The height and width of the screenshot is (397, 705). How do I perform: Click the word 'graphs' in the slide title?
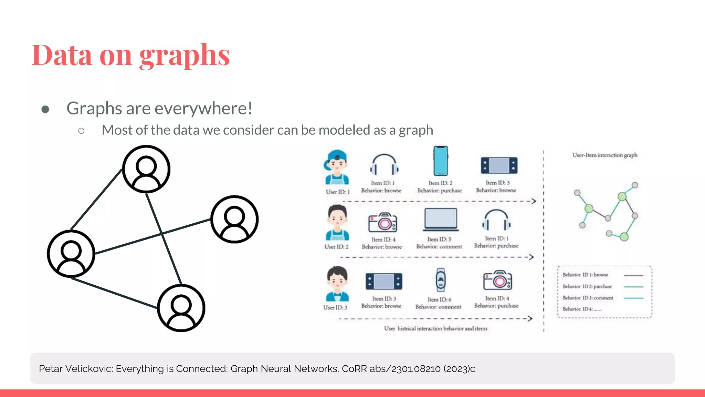[185, 56]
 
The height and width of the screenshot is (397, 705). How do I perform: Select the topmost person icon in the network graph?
[146, 169]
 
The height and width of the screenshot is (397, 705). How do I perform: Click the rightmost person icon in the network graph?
[234, 220]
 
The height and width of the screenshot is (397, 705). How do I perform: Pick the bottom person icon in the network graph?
[181, 308]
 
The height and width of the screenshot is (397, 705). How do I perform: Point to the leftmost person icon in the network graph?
[71, 254]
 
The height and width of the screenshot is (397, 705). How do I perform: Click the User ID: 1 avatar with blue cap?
[337, 167]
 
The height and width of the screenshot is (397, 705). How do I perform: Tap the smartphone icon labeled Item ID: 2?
[441, 161]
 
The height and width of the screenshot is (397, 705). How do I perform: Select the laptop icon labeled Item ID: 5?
[441, 220]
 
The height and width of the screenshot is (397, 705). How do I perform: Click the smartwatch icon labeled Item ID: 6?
[441, 280]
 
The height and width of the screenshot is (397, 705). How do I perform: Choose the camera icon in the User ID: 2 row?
[382, 223]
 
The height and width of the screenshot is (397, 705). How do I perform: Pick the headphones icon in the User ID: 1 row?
[384, 165]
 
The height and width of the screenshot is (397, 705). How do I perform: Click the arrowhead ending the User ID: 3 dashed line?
[530, 318]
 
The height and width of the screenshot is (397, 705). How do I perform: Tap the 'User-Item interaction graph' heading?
[604, 155]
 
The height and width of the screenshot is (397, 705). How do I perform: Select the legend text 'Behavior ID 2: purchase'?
[587, 286]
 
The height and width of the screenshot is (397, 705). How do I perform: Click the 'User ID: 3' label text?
[335, 307]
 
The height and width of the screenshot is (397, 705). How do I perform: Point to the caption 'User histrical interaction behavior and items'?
[435, 328]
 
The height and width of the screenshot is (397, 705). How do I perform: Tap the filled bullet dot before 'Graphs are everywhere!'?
[45, 110]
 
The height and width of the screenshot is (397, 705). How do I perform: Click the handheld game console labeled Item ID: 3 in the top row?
[499, 165]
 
